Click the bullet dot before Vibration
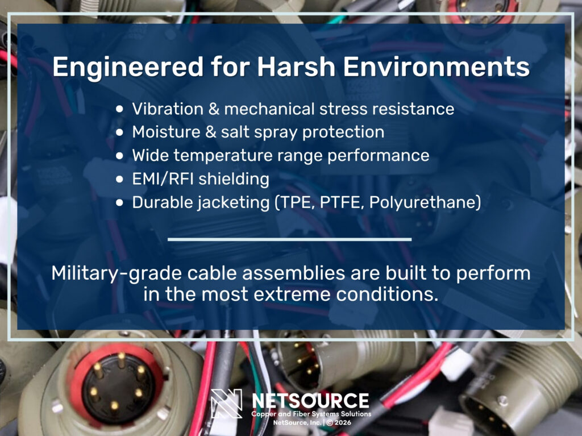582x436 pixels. [x=119, y=109]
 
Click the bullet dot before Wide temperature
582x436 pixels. [x=119, y=156]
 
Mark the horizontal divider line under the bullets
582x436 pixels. [x=290, y=239]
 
